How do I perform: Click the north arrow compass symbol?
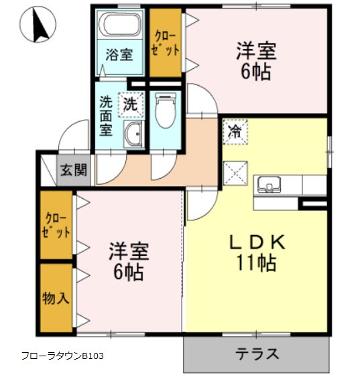pos(38,24)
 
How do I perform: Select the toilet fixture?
pos(166,110)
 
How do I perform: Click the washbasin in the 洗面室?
pos(133,134)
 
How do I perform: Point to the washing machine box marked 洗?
pos(130,104)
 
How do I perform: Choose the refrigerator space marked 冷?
pos(235,132)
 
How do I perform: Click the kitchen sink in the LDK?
pos(269,185)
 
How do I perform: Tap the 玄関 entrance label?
pos(74,170)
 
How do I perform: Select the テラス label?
pos(257,354)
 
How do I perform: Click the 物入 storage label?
pos(56,298)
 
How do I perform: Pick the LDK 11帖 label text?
pos(257,252)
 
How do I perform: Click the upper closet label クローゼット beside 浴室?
pos(165,44)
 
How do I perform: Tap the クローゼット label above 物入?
pos(56,225)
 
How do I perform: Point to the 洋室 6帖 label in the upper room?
pos(256,61)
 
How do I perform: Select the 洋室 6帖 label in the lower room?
pos(129,261)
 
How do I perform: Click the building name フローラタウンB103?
pos(63,356)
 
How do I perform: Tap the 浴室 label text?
pos(119,54)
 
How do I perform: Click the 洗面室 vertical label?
pos(106,115)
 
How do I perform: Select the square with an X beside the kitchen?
pos(235,173)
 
